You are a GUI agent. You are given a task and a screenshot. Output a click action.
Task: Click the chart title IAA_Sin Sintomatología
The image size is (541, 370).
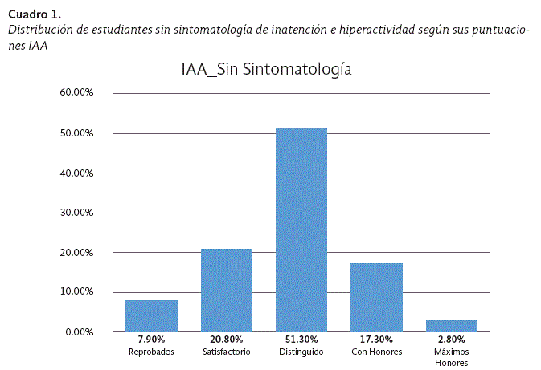pyautogui.click(x=267, y=70)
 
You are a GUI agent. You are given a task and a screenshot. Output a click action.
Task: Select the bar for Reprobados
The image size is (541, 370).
pyautogui.click(x=151, y=315)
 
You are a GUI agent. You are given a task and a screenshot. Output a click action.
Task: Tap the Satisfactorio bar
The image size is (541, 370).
pyautogui.click(x=226, y=290)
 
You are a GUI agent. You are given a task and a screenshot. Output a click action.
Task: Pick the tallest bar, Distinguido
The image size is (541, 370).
pyautogui.click(x=301, y=229)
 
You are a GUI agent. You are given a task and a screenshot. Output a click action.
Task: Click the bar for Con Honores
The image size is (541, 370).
pyautogui.click(x=376, y=297)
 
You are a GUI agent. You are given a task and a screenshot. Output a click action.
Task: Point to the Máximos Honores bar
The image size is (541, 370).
pyautogui.click(x=452, y=326)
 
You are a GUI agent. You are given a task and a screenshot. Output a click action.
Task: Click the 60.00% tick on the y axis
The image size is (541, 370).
pyautogui.click(x=77, y=93)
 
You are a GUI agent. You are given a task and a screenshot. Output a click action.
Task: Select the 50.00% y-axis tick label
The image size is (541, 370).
pyautogui.click(x=77, y=133)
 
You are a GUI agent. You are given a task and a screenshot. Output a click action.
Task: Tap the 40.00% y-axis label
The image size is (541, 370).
pyautogui.click(x=77, y=173)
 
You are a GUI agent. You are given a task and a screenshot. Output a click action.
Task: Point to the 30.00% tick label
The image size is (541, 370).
pyautogui.click(x=77, y=213)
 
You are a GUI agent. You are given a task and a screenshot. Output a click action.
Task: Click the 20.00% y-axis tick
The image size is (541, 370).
pyautogui.click(x=77, y=252)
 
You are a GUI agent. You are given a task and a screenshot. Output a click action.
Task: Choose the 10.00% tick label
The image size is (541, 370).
pyautogui.click(x=77, y=291)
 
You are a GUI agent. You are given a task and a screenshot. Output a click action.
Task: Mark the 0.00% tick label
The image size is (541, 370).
pyautogui.click(x=80, y=331)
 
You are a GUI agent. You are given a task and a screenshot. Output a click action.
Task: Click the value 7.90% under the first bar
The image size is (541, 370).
pyautogui.click(x=151, y=341)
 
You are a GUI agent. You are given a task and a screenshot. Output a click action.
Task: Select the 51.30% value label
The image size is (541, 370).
pyautogui.click(x=301, y=341)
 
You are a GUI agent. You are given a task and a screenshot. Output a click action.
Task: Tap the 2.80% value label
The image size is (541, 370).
pyautogui.click(x=452, y=341)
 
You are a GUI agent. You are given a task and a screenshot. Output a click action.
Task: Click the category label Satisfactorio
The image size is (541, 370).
pyautogui.click(x=226, y=352)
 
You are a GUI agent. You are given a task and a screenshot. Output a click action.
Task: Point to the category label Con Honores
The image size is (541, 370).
pyautogui.click(x=376, y=352)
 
